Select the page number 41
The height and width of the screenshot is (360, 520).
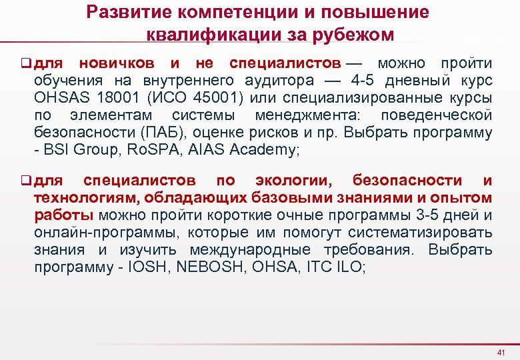(501, 352)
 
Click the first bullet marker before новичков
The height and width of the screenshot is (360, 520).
(27, 64)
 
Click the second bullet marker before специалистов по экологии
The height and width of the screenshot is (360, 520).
(27, 181)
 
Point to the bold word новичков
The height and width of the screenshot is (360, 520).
(117, 64)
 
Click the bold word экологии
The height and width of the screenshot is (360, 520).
(293, 181)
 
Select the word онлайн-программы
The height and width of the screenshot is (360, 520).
(93, 233)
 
